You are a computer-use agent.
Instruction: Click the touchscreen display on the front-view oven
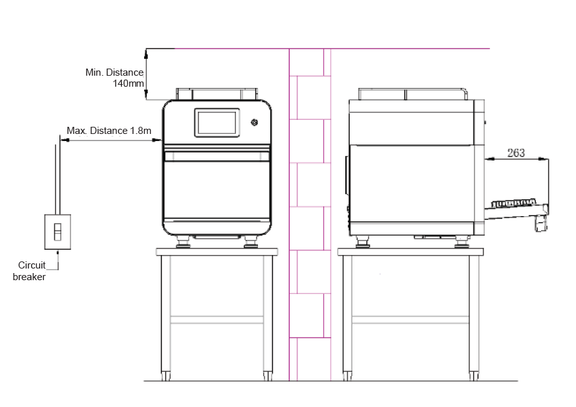coord(217,122)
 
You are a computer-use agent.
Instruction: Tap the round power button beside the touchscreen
coord(254,122)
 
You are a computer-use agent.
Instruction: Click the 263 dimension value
coord(516,153)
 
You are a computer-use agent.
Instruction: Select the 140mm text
coord(128,83)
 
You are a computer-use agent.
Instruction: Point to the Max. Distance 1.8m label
coord(109,131)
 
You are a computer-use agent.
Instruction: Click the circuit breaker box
coord(58,232)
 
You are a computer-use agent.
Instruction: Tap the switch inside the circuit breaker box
coord(58,232)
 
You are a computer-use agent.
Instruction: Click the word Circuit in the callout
coord(32,265)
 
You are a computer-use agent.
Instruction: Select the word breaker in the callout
coord(29,277)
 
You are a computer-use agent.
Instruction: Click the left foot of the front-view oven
coord(183,243)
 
